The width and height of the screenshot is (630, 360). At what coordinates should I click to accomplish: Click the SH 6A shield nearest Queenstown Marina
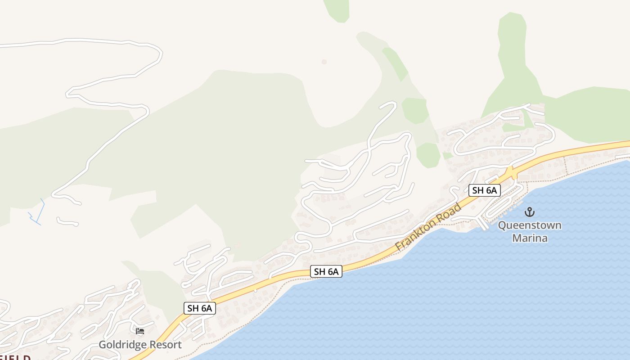click(x=484, y=190)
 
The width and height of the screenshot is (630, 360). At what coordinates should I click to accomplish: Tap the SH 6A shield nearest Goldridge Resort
click(x=200, y=308)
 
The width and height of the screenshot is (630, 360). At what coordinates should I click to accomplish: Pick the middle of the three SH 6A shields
click(x=326, y=271)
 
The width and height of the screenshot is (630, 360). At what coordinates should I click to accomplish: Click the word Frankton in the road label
click(x=416, y=235)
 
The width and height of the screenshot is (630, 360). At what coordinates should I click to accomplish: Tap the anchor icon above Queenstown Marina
click(x=530, y=211)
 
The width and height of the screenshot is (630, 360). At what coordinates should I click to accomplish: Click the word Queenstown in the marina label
click(x=530, y=225)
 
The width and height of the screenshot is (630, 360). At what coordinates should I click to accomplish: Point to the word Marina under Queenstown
click(x=530, y=238)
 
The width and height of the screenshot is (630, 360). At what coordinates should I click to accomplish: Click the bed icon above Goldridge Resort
click(x=140, y=332)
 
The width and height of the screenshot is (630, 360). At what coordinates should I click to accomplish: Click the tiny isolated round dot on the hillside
click(x=324, y=62)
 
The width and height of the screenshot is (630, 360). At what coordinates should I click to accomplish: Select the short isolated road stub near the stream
click(x=67, y=221)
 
